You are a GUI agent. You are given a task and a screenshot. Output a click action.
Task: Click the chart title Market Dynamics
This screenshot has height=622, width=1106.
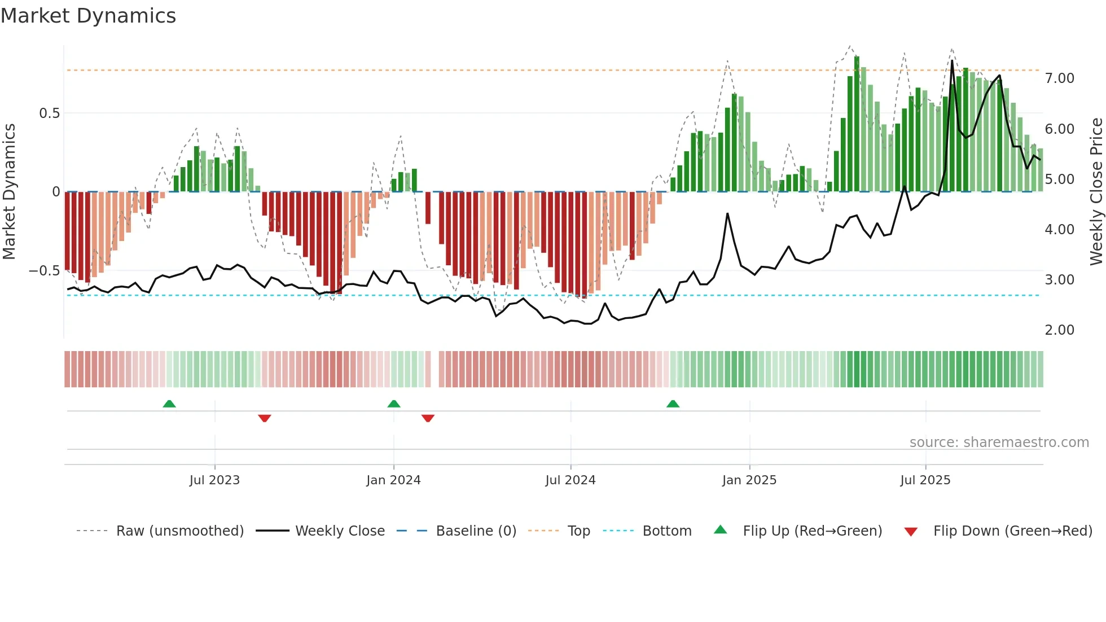[88, 16]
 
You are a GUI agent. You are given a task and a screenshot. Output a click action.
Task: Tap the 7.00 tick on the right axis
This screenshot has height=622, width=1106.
[1059, 78]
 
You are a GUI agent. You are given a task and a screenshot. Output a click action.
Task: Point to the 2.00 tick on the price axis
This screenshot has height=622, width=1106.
[1059, 330]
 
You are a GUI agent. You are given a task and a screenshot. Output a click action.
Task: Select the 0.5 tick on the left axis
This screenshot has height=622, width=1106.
[49, 113]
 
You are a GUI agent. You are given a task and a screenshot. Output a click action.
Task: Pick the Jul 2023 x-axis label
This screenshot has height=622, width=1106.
[214, 480]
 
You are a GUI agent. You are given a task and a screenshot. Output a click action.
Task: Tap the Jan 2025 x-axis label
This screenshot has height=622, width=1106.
[749, 480]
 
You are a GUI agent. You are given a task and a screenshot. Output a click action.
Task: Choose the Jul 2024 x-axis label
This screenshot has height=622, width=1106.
[570, 480]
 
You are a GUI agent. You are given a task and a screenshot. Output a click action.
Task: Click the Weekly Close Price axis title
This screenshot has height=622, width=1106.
[1096, 191]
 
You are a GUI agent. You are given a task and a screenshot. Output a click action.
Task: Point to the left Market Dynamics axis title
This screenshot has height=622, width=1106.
[9, 191]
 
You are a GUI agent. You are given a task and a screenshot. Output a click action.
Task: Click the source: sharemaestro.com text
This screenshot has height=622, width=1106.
[999, 443]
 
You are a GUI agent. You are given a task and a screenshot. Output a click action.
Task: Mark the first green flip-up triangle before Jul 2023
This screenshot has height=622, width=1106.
[169, 404]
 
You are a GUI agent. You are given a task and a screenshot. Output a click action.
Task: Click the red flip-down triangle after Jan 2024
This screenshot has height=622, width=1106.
[428, 418]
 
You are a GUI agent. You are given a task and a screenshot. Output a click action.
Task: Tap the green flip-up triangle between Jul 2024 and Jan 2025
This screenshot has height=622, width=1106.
[673, 404]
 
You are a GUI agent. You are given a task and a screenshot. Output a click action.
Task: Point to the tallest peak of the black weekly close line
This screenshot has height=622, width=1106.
[952, 61]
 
